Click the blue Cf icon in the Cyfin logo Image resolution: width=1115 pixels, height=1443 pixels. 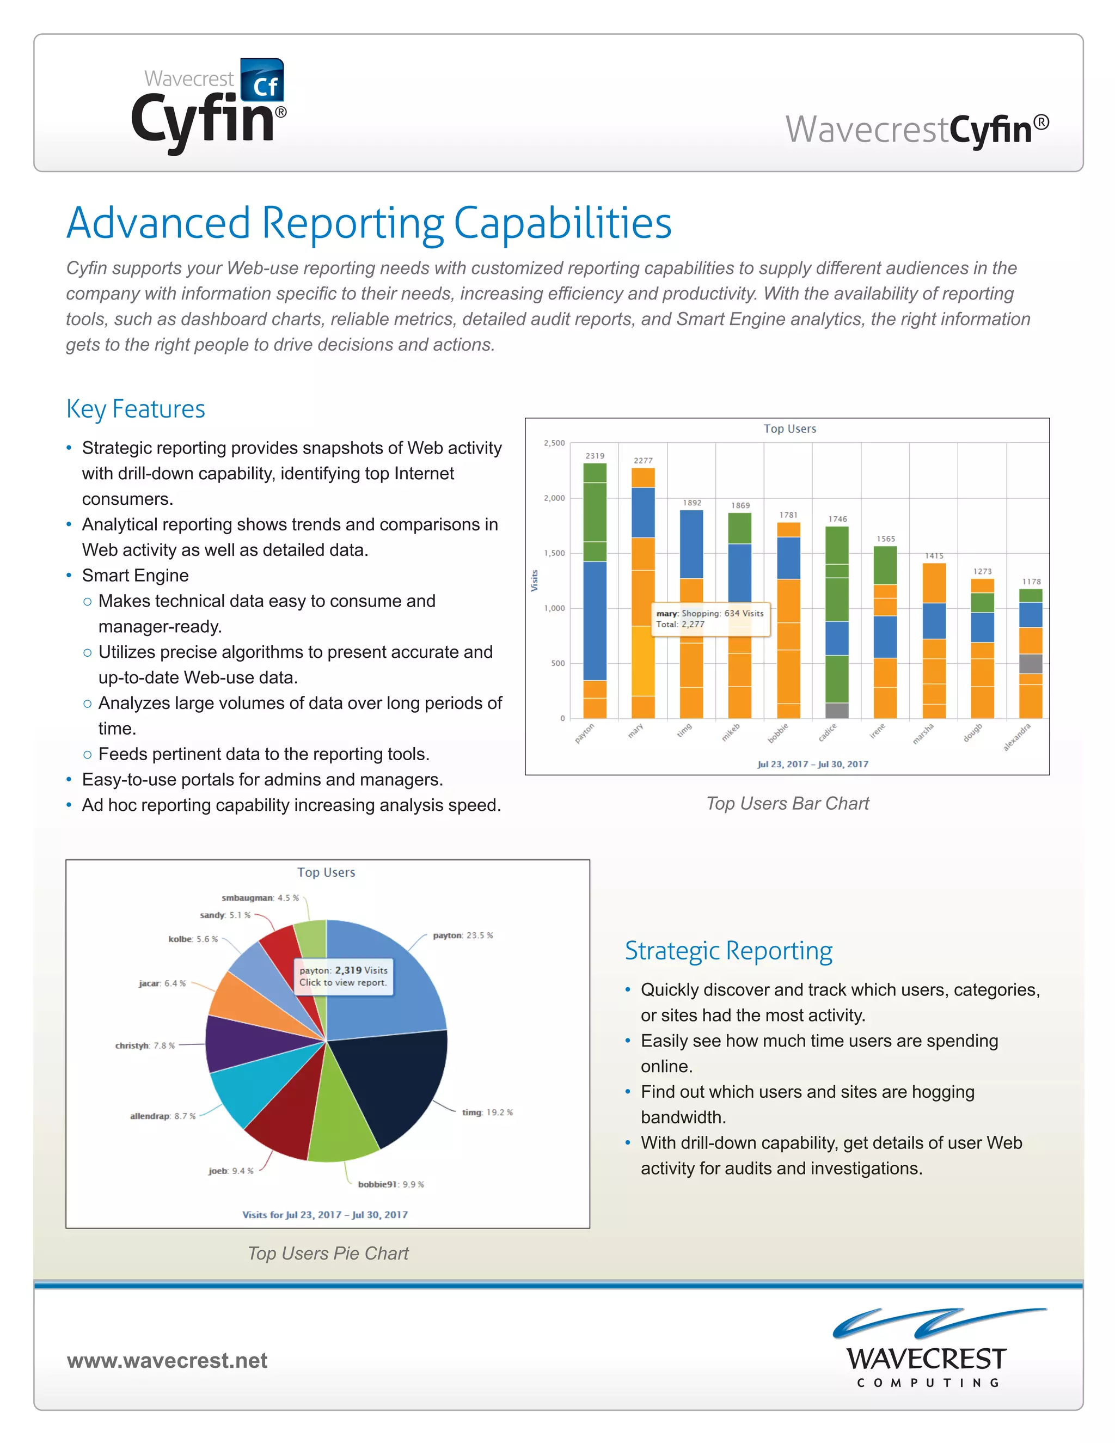click(262, 81)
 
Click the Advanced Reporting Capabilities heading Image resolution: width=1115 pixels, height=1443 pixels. click(369, 223)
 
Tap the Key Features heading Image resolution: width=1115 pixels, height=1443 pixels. click(136, 409)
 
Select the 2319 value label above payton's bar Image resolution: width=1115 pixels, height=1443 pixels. click(595, 456)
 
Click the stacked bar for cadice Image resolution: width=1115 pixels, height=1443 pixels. click(837, 621)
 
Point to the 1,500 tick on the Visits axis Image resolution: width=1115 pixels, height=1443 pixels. click(554, 553)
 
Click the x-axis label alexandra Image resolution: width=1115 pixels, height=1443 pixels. click(1016, 737)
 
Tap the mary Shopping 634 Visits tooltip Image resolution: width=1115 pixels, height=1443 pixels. click(710, 619)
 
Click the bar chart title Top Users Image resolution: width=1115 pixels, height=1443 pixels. click(789, 429)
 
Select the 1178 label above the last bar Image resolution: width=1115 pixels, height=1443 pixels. click(1031, 582)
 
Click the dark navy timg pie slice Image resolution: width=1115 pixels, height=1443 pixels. click(390, 1084)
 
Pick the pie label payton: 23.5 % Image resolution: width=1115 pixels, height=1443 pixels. click(462, 935)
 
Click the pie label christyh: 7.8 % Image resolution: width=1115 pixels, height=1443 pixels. click(145, 1045)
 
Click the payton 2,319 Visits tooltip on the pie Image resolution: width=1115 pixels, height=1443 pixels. click(344, 976)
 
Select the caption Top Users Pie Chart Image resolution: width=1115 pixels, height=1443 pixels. click(328, 1254)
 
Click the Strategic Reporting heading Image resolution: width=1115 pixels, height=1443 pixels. click(728, 951)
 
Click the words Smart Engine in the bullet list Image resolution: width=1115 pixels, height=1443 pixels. click(135, 576)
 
